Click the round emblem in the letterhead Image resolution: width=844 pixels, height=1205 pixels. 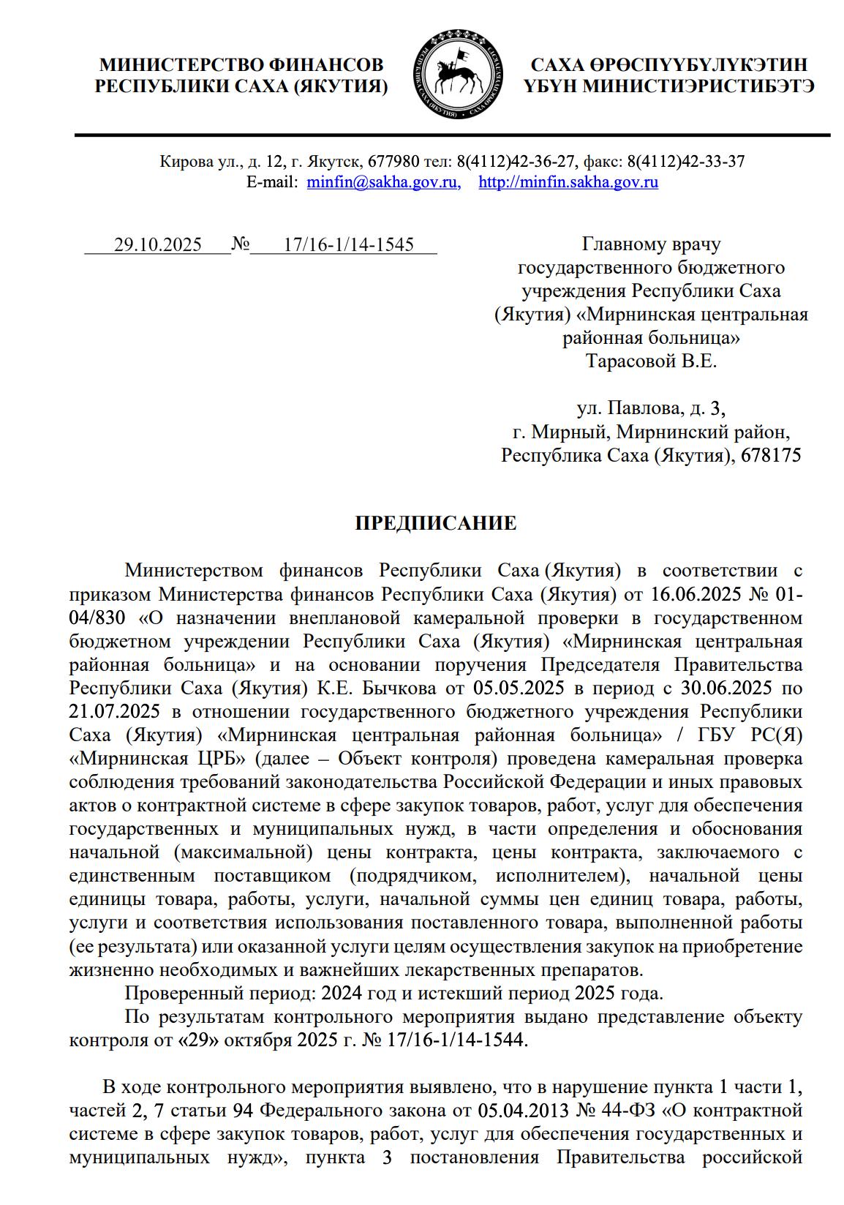459,75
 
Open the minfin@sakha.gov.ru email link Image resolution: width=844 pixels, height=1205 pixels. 383,182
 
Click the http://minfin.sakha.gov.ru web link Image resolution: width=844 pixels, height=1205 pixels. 568,182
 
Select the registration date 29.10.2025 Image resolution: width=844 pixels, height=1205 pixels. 157,244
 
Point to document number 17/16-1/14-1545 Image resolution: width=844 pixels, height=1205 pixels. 348,244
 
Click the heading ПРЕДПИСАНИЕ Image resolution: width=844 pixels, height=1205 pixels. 436,523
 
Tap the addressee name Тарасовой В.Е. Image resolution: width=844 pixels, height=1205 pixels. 651,361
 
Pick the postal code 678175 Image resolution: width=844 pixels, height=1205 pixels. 771,455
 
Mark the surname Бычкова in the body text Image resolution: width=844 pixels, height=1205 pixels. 396,688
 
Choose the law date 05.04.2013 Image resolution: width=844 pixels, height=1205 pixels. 524,1111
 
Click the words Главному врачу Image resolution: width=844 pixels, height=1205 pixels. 651,244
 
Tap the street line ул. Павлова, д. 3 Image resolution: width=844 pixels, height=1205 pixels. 651,408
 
